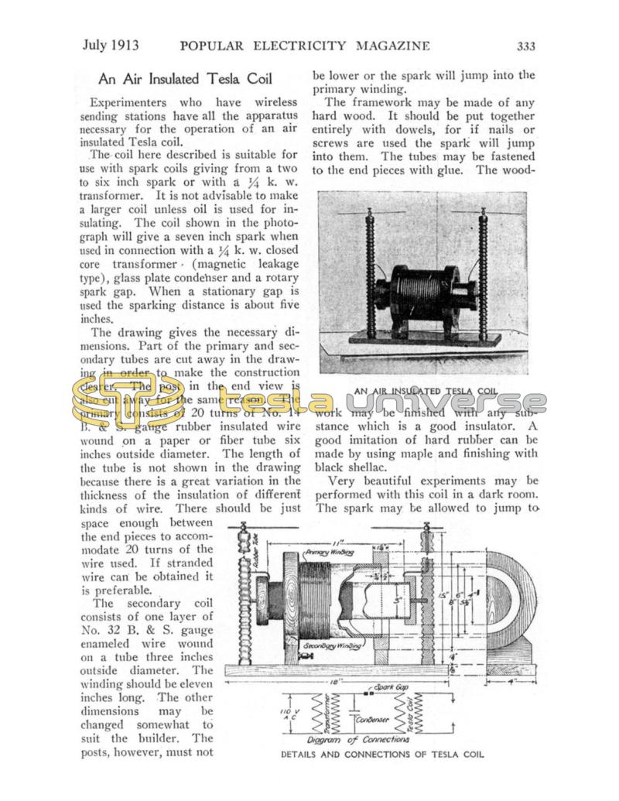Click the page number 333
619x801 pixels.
point(525,46)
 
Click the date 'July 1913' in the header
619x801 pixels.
point(111,45)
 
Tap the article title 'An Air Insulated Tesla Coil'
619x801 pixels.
point(185,79)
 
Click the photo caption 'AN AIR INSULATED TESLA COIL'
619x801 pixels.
point(425,391)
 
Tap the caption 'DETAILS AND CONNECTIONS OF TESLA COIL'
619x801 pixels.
point(382,755)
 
